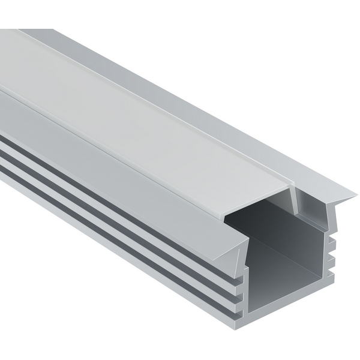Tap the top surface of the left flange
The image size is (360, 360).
pyautogui.click(x=120, y=156)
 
